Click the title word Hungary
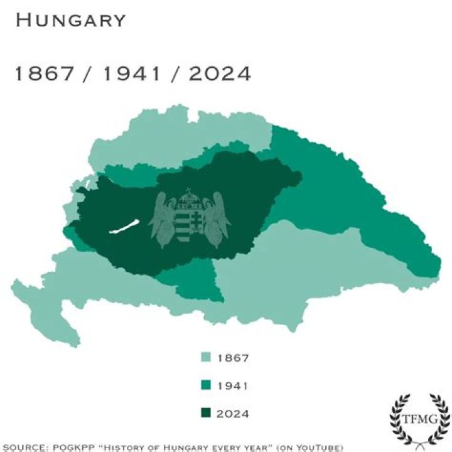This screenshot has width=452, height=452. [x=70, y=20]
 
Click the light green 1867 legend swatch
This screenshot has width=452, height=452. [x=205, y=358]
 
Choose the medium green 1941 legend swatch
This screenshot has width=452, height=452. [x=205, y=385]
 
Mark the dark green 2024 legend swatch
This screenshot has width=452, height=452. [x=205, y=413]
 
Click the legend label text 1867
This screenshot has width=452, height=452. [x=233, y=358]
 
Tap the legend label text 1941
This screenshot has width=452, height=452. [x=233, y=386]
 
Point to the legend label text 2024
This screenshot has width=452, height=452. [x=233, y=414]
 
